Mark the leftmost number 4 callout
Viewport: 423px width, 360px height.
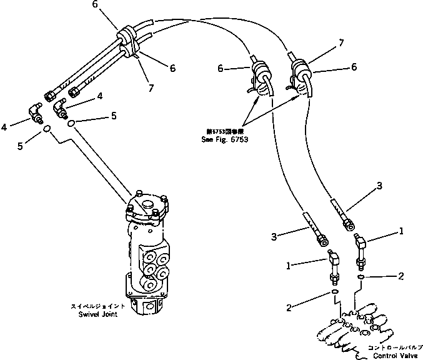(x=4, y=127)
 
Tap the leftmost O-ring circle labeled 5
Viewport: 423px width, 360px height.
(x=47, y=129)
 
